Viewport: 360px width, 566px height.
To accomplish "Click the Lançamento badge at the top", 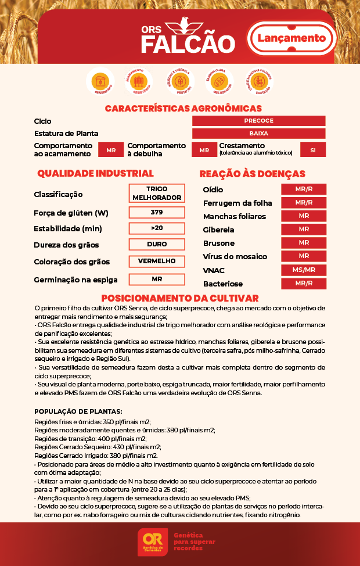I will coord(291,38).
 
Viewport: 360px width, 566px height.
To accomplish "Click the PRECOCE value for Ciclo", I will coord(258,121).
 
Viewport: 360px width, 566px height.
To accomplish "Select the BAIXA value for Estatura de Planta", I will coord(258,134).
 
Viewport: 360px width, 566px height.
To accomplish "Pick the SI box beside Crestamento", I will coord(313,150).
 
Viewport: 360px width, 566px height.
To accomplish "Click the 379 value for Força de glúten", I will coord(157,212).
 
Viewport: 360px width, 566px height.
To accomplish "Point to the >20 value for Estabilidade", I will coord(157,228).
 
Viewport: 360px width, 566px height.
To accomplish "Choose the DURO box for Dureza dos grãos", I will coord(157,244).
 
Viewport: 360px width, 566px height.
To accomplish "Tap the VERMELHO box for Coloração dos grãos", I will coord(157,261).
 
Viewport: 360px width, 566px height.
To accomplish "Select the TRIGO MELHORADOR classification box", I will coord(157,194).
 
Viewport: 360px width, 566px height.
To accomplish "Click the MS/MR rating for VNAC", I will coord(304,270).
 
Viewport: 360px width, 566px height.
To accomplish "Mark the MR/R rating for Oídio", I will coord(304,189).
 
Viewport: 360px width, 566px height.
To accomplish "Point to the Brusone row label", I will coord(219,243).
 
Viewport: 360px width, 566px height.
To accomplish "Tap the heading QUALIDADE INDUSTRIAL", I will coord(95,173).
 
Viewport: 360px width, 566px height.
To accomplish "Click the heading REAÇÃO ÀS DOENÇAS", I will coord(252,174).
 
